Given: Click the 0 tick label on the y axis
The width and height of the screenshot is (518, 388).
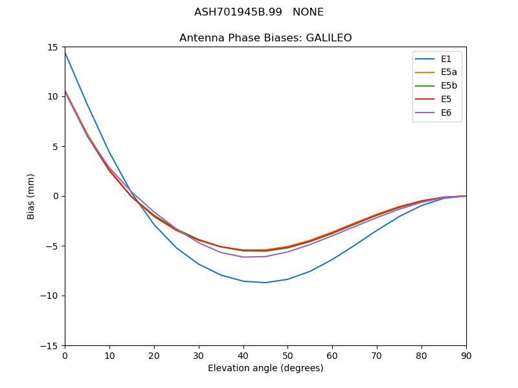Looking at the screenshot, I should coord(57,196).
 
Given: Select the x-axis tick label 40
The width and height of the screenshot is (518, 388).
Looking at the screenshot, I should coord(243,355).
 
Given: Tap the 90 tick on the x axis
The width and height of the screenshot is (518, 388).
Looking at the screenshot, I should coord(466,355).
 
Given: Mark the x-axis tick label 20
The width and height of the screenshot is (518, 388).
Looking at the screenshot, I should coord(154,355).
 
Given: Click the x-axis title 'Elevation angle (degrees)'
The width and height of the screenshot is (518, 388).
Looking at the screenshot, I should coord(265,369).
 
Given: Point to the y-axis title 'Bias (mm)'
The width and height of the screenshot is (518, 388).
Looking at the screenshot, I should coord(31,196).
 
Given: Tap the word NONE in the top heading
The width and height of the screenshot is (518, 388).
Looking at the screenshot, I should coord(308,12).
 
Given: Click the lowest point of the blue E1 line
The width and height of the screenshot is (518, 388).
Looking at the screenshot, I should coord(265,283).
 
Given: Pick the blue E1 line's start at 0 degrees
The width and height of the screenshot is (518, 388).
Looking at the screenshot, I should coord(65,52).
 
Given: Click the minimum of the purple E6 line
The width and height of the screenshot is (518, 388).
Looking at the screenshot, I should coord(243,257).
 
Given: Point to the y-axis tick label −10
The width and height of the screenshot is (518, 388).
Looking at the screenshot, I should coord(52,296).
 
